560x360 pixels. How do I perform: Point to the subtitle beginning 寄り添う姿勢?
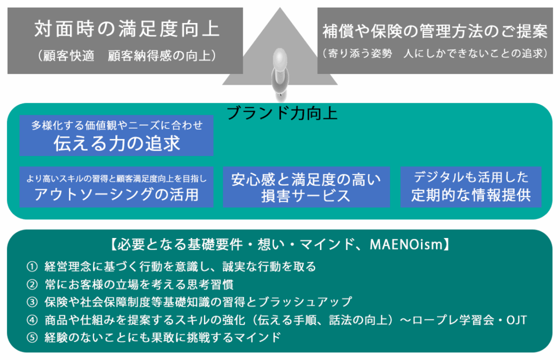[435, 54]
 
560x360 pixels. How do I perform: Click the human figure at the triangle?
[280, 74]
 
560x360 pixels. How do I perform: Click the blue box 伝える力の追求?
[116, 143]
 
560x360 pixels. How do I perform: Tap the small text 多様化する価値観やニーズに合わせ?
[116, 125]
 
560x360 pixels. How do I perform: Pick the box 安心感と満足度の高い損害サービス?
[306, 187]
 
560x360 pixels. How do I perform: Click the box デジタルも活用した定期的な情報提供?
[471, 186]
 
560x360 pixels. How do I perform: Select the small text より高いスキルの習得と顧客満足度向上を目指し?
[116, 177]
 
